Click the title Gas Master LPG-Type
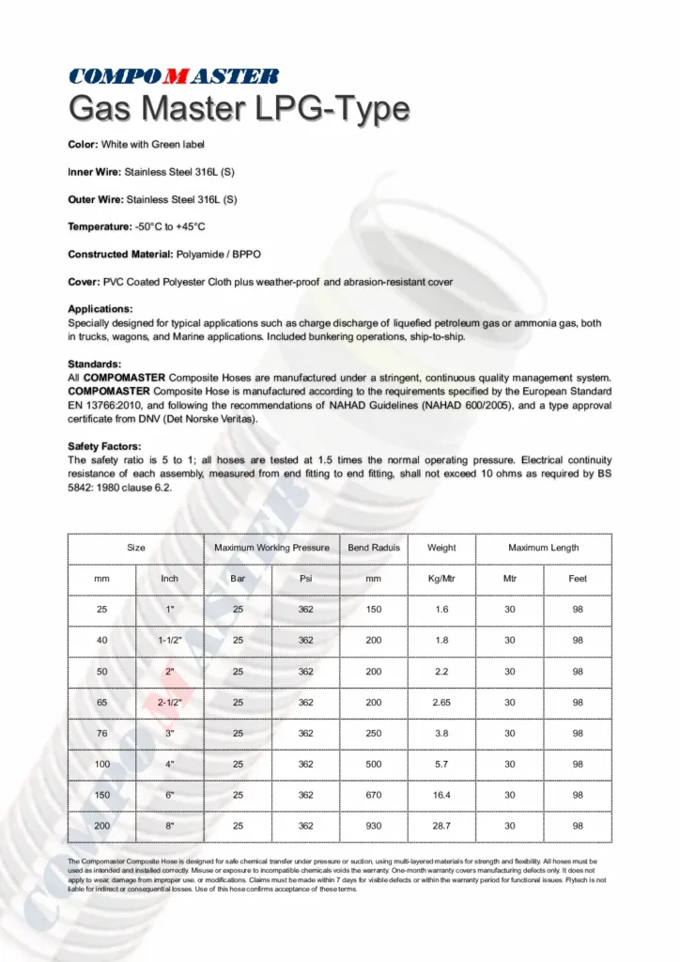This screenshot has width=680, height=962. tap(239, 109)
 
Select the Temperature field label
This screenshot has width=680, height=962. tap(100, 226)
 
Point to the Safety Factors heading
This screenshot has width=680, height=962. tap(104, 446)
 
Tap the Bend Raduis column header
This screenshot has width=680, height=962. tap(374, 548)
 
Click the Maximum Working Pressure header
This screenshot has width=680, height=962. tap(271, 548)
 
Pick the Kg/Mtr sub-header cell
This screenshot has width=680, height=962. tap(441, 579)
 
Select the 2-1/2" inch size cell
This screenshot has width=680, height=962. tap(170, 703)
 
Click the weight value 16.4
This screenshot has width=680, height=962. tap(441, 795)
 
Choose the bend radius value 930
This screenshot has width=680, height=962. tap(374, 826)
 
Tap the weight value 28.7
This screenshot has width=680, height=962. tap(441, 826)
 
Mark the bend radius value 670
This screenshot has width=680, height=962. tap(374, 795)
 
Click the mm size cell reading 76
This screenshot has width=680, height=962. tap(101, 734)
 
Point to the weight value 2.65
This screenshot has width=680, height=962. tap(441, 703)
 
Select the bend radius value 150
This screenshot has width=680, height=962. tap(374, 610)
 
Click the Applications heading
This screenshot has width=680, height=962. tap(100, 308)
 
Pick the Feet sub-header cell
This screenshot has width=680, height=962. tap(578, 579)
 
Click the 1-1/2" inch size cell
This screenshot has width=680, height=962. tap(170, 641)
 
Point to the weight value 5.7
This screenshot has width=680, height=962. tap(441, 765)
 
